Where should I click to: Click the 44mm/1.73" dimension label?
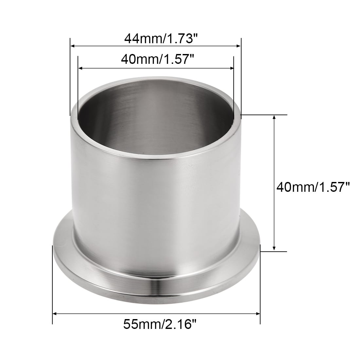click(161, 39)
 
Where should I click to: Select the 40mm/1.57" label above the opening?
click(157, 59)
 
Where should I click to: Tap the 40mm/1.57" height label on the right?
click(313, 187)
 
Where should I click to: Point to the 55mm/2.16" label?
click(160, 324)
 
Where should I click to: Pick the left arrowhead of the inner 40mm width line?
click(81, 68)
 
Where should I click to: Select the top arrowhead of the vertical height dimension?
click(274, 117)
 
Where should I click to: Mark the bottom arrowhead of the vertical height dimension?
click(274, 248)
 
